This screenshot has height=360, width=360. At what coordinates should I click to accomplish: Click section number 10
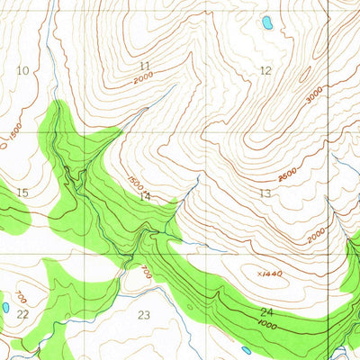coord(22,70)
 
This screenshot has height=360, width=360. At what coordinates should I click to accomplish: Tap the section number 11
coord(145,66)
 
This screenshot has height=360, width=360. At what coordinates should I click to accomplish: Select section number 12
coord(265,70)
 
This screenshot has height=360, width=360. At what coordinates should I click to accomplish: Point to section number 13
coord(265,193)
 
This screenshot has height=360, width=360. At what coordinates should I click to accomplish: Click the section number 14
coord(145,195)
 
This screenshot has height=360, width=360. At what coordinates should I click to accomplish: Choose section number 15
coord(22,193)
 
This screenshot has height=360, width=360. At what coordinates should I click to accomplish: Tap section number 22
coord(22,313)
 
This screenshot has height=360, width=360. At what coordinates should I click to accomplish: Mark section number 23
coord(144,314)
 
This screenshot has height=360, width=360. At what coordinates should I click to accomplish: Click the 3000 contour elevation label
coord(313,96)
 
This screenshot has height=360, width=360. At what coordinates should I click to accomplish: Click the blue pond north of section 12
coord(266,22)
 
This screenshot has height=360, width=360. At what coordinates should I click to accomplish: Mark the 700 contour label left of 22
coord(21,297)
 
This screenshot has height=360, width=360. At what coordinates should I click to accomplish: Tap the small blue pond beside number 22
coord(5,307)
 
